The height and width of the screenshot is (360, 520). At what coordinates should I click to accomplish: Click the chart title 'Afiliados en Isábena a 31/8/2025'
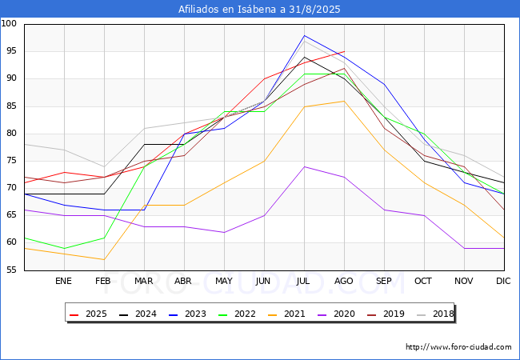tap(259, 9)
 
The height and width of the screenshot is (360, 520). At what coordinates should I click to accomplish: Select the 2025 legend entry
tap(89, 314)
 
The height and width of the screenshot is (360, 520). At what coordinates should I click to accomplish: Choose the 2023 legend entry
tap(188, 314)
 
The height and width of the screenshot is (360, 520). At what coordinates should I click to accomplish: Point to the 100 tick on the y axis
tap(9, 23)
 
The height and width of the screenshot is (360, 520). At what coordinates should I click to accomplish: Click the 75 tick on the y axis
tap(11, 161)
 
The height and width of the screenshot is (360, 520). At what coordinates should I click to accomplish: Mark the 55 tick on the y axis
tap(11, 270)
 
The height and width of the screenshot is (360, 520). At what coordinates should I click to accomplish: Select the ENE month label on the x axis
tap(63, 281)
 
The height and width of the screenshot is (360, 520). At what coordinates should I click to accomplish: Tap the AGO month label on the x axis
tap(343, 281)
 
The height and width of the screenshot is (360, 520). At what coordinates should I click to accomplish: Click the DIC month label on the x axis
tap(503, 281)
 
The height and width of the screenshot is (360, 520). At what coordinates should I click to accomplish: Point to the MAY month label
tap(224, 281)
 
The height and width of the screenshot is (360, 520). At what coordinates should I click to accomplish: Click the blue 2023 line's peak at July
tap(305, 35)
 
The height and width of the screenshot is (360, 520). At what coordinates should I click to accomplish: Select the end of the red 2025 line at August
tap(344, 52)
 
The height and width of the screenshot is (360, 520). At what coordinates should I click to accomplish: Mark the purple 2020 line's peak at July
tap(305, 166)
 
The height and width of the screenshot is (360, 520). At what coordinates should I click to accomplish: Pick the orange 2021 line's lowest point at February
tap(104, 259)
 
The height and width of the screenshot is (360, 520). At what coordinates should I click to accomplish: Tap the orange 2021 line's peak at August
tap(344, 101)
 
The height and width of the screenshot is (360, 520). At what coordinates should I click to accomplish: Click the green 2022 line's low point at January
tap(64, 249)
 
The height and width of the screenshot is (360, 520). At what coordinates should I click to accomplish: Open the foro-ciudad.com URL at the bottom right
tap(458, 347)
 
